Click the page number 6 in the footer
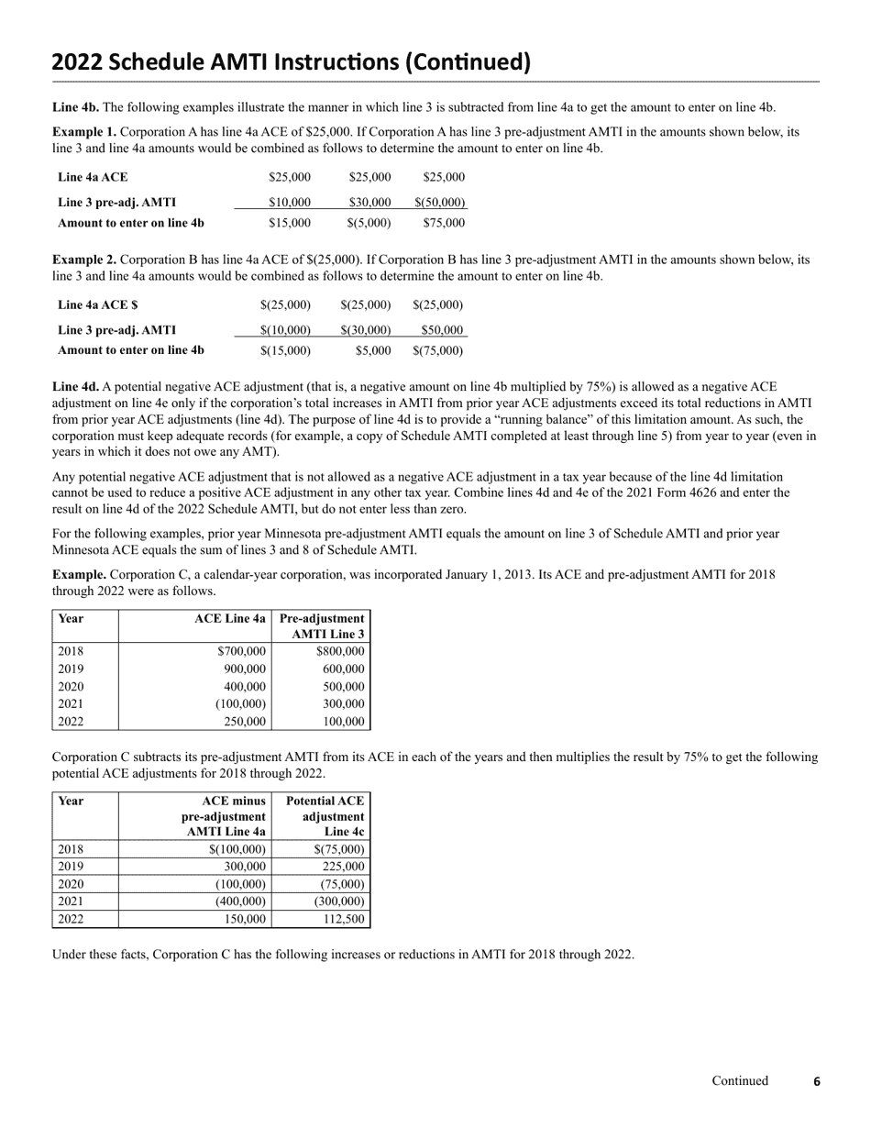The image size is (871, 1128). point(817,1082)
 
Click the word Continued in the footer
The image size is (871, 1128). point(740,1081)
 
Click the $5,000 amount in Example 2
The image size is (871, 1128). point(373,350)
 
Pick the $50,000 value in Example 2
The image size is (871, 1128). point(442,329)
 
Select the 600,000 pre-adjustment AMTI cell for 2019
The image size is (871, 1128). point(344,669)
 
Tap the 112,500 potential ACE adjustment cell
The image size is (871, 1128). point(344,918)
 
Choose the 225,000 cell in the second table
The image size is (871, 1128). point(344,866)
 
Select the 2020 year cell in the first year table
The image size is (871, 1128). point(71,686)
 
